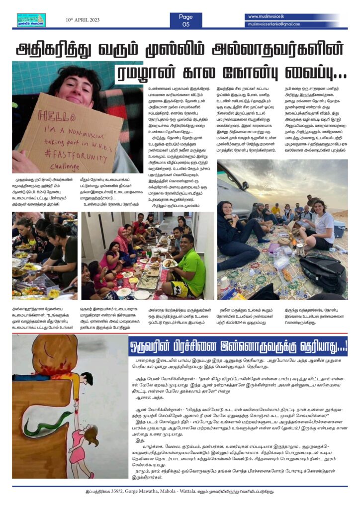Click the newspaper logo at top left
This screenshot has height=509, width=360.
coord(31,20)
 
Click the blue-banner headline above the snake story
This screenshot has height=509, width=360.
coord(238,344)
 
